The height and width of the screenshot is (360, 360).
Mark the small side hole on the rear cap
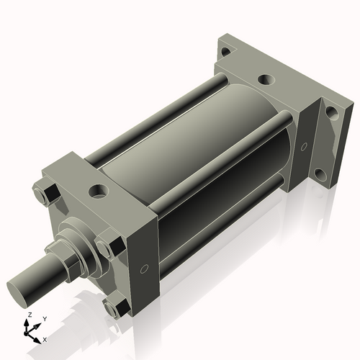[310, 149]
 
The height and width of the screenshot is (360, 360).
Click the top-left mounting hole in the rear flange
[226, 52]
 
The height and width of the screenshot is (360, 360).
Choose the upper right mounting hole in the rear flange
[331, 112]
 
